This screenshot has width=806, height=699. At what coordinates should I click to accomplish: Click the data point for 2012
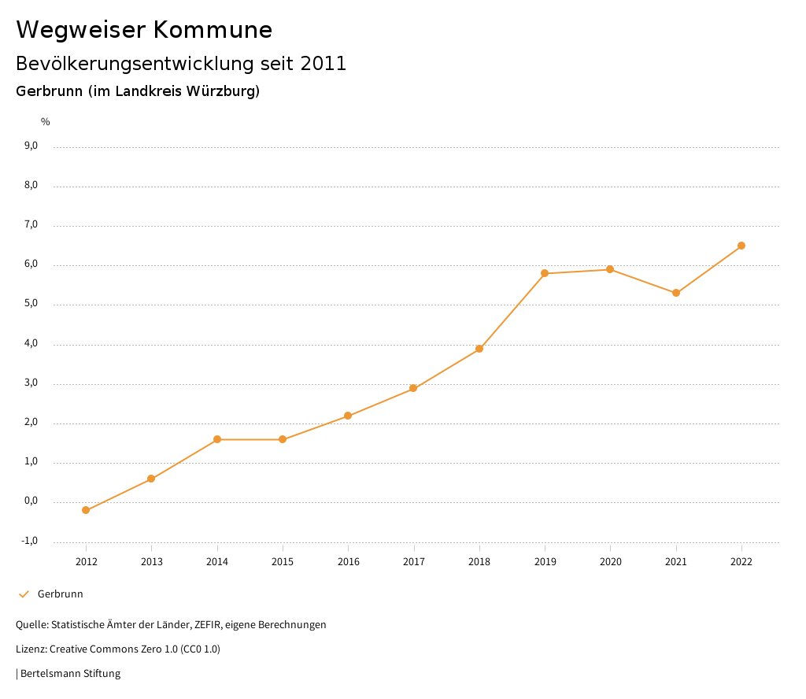pos(86,510)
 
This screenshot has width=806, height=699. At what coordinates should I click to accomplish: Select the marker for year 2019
pos(545,273)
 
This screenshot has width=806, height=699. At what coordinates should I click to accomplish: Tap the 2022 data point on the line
pos(741,246)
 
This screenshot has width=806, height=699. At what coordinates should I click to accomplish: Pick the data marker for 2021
pos(676,293)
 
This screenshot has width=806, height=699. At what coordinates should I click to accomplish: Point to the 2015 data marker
pos(283,439)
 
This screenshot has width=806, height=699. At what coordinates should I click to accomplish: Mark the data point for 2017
pos(413,388)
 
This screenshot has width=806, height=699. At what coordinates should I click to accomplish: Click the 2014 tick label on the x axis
pos(217,561)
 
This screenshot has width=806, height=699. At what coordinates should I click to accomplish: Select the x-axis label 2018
pos(479,561)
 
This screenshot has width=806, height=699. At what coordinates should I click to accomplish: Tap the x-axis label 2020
pos(611,561)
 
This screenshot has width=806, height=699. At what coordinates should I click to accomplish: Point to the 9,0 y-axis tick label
pos(31,146)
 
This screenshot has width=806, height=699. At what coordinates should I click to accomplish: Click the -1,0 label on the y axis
pos(30,541)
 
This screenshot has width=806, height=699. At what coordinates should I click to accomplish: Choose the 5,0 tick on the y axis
pos(31,304)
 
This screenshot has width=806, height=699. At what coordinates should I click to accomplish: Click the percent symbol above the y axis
pos(46,122)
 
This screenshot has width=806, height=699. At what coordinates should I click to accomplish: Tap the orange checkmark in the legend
pos(24,594)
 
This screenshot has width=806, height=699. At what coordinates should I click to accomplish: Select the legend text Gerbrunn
pos(61,594)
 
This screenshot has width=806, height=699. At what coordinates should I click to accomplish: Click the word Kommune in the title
pos(213,30)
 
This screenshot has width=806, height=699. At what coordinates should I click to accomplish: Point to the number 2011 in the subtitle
pos(324,64)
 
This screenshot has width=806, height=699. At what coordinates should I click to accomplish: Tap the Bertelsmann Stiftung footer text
pos(70,674)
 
